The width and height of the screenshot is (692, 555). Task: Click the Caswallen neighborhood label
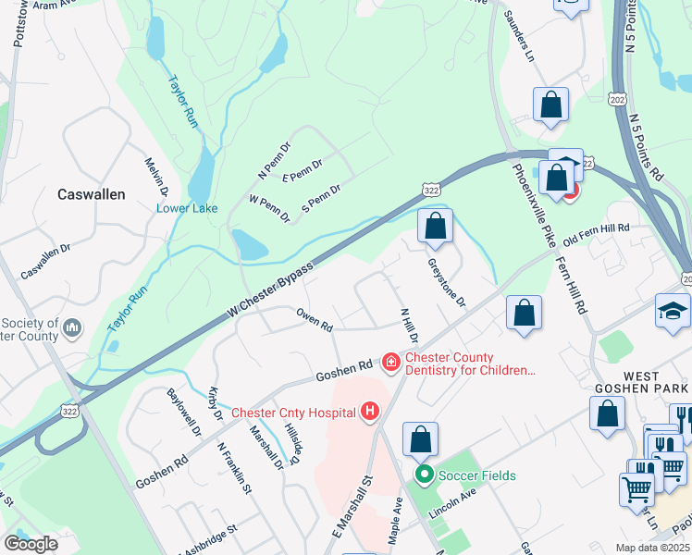(92, 194)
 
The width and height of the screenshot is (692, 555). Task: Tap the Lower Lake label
(187, 208)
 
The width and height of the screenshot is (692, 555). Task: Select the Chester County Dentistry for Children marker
(391, 361)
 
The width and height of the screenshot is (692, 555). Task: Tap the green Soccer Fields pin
(425, 476)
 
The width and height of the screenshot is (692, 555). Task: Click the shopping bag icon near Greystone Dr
(435, 226)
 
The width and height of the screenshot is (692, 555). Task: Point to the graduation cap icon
(673, 312)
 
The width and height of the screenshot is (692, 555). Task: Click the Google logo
(31, 543)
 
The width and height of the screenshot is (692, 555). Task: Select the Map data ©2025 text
(651, 548)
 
